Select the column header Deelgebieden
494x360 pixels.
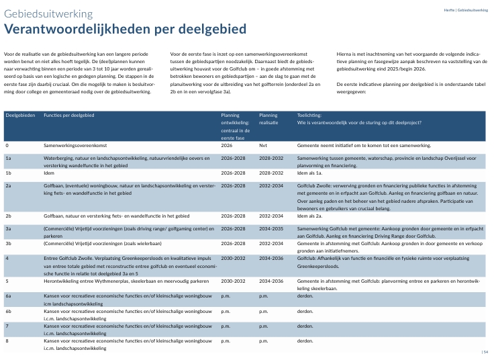click(19, 116)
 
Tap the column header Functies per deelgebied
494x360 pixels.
click(69, 116)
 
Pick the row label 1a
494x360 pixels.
click(9, 158)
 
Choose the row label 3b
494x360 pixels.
click(9, 244)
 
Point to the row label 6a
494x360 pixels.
click(9, 295)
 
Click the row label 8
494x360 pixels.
click(7, 341)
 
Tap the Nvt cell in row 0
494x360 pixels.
click(263, 145)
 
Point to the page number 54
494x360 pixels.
click(486, 352)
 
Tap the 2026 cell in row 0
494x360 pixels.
click(227, 145)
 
